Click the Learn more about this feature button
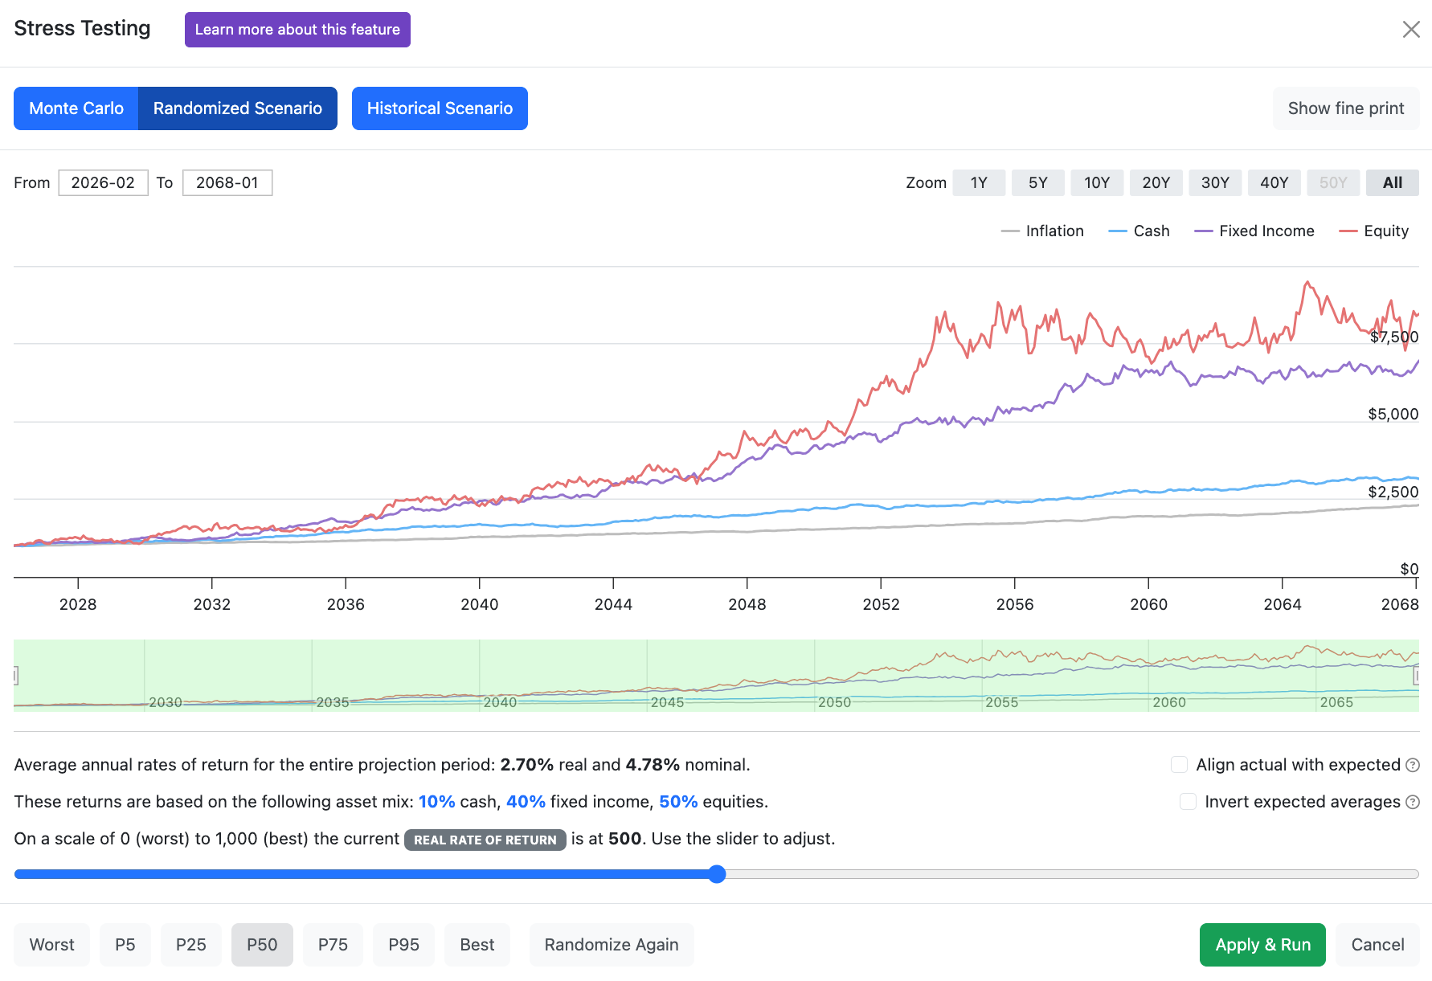coord(297,30)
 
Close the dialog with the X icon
coord(1411,30)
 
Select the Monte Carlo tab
coord(76,108)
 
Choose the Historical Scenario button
coord(440,108)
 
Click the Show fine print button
coord(1346,108)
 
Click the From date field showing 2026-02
coord(103,182)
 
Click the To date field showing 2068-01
coord(227,182)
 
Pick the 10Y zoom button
coord(1097,182)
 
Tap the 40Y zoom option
coord(1274,182)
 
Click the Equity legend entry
coord(1374,231)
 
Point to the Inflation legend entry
coord(1042,231)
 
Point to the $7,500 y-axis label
coord(1394,337)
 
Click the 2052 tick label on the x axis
coord(881,604)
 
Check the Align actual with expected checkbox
coord(1179,765)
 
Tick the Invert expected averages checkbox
coord(1188,802)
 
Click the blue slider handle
coord(718,874)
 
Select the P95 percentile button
coord(403,945)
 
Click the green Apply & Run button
coord(1262,945)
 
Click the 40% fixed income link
coord(526,802)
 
